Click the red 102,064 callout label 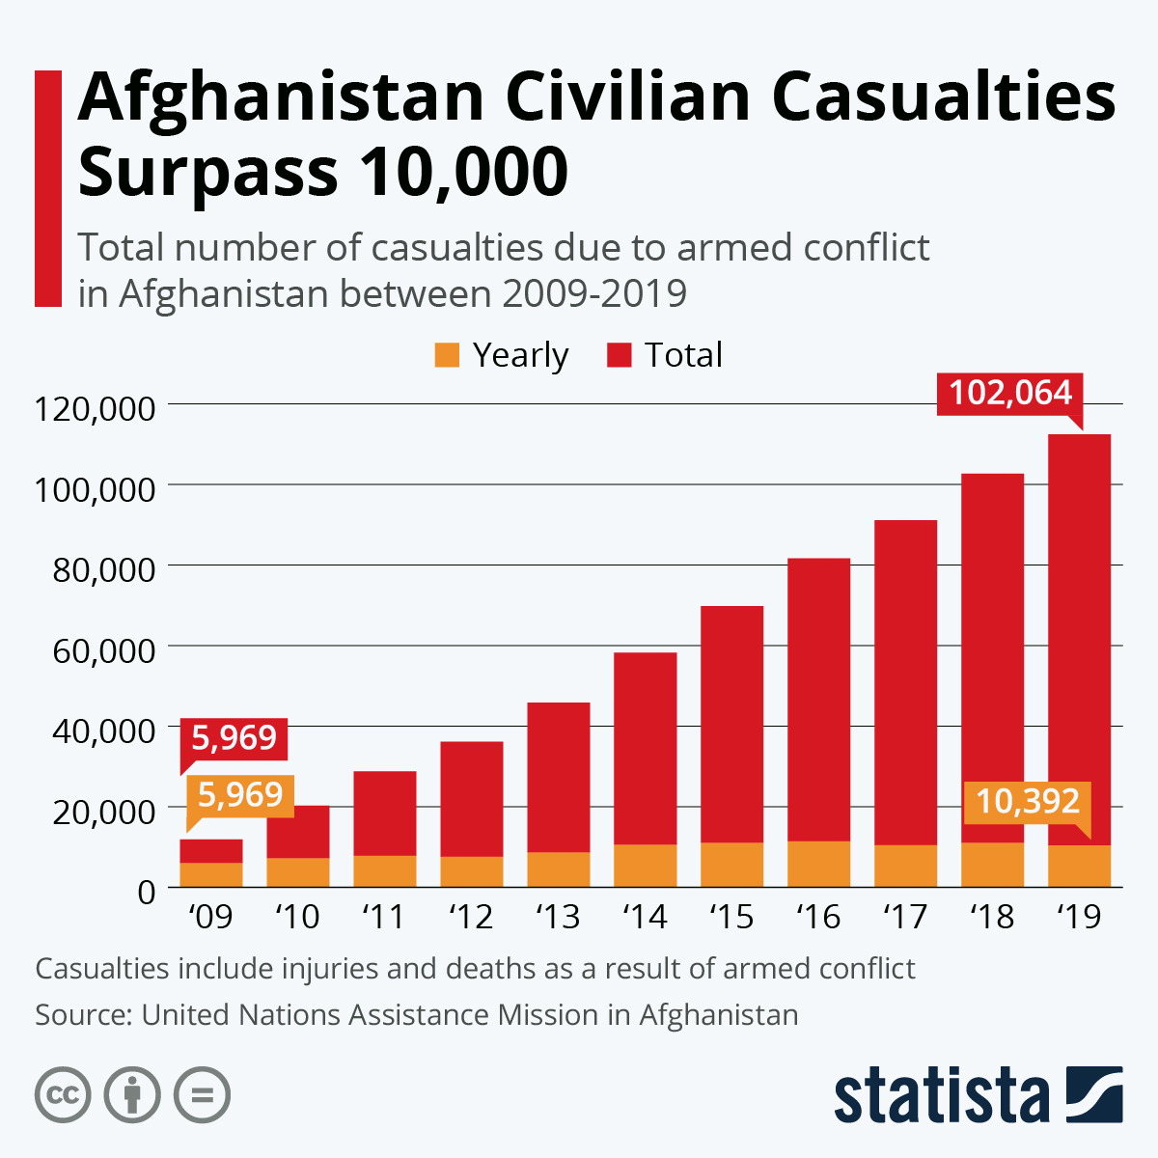tap(1010, 394)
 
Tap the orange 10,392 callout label tap(1027, 802)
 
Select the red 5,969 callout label tap(234, 738)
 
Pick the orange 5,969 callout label tap(239, 795)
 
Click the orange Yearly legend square tap(447, 355)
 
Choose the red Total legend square tap(619, 355)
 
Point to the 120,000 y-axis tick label tap(95, 408)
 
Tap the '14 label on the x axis tap(645, 916)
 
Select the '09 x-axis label tap(210, 916)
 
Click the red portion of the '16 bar tap(818, 700)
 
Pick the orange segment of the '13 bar tap(558, 869)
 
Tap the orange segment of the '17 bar tap(905, 866)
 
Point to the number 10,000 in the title tap(462, 172)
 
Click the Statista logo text tap(941, 1096)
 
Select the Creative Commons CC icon tap(63, 1095)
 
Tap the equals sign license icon tap(202, 1095)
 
